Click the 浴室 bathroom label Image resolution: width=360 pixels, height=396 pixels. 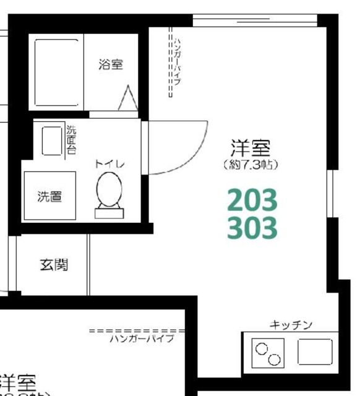pos(111,64)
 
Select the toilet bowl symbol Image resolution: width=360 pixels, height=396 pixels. pos(110,189)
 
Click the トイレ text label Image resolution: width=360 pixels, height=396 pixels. pos(110,164)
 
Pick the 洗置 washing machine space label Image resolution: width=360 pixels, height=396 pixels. pos(49,197)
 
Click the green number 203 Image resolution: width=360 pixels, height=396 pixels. pos(252,200)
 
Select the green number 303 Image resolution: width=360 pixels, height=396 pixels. pos(252,228)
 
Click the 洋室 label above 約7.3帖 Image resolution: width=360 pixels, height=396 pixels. pos(251,148)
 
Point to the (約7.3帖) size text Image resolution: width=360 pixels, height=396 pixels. pos(251,165)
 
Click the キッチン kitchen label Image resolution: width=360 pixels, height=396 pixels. pos(291,325)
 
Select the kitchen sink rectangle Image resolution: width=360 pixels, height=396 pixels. pos(315,352)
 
